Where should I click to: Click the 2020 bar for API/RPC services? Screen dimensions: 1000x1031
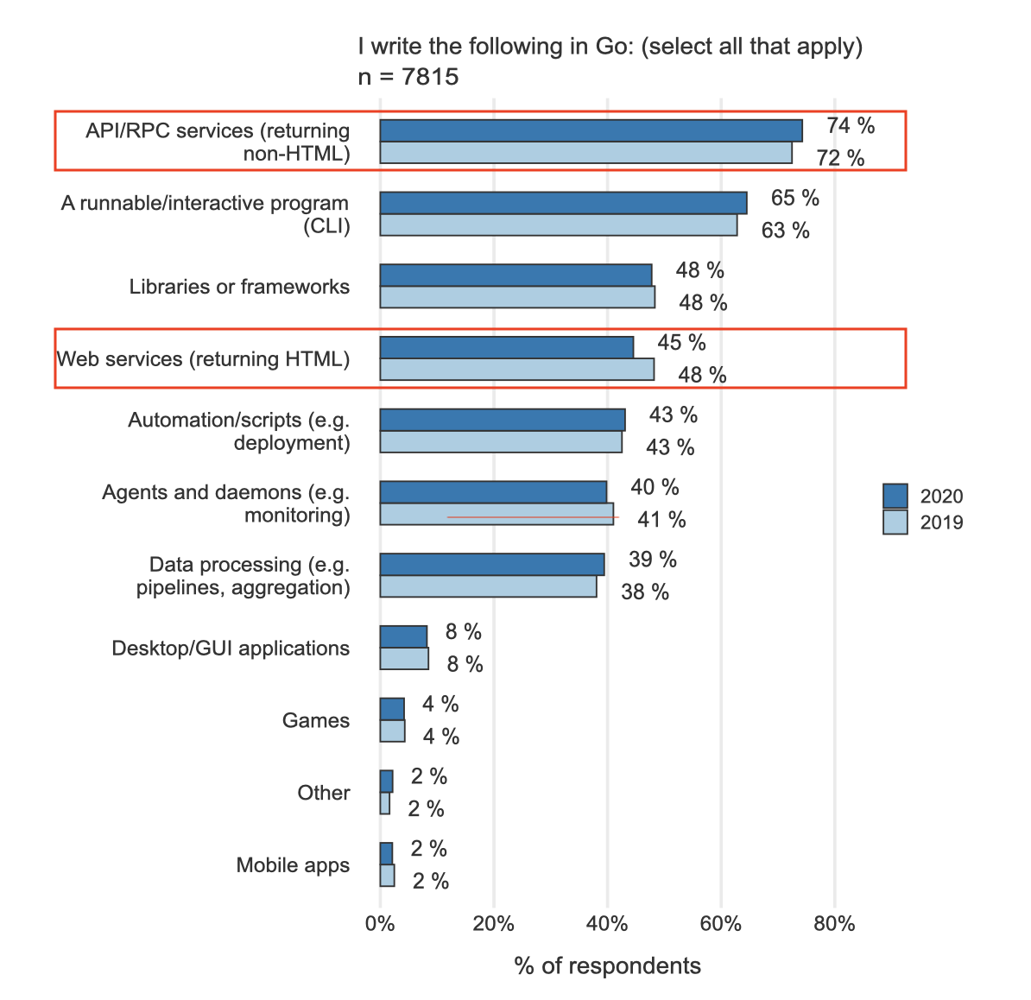(x=591, y=130)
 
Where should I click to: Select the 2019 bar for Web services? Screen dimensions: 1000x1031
(x=516, y=370)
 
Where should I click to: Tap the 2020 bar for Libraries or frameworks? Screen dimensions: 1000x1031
(x=515, y=275)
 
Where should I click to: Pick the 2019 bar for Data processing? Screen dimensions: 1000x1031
(x=488, y=586)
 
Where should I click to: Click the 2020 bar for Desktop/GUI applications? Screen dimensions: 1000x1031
(x=403, y=636)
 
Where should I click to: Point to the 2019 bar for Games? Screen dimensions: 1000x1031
(x=392, y=731)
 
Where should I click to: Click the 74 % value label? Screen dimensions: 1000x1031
(x=851, y=126)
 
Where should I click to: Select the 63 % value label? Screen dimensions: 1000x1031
(x=785, y=231)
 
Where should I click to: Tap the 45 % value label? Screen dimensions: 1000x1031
(x=681, y=343)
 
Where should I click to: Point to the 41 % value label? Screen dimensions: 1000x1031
(x=661, y=520)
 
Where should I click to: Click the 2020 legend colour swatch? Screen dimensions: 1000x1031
(x=895, y=497)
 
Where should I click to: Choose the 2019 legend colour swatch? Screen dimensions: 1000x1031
(x=895, y=522)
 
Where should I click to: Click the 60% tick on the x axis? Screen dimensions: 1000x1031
(x=721, y=924)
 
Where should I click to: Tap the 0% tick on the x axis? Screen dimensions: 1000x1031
(x=380, y=924)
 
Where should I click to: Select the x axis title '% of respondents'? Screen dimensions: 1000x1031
(x=607, y=965)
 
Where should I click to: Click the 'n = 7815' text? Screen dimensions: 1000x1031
(x=408, y=77)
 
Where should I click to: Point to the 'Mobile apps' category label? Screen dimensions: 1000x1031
(x=293, y=865)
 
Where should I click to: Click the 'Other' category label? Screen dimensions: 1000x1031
(x=324, y=793)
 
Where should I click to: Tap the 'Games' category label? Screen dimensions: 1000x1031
(x=316, y=720)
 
